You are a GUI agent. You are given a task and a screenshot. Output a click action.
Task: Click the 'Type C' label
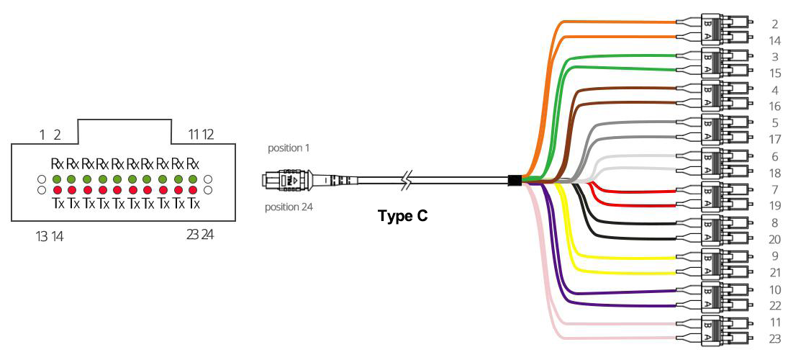coord(402,215)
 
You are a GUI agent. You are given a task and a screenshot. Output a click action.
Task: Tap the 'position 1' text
coord(288,148)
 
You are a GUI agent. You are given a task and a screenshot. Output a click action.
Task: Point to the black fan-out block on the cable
coord(514,180)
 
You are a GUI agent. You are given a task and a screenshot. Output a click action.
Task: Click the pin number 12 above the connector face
coord(208,135)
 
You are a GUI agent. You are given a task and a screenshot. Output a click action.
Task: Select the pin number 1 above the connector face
coord(42,135)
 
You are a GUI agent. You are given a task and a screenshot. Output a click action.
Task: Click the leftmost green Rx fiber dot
coord(57,178)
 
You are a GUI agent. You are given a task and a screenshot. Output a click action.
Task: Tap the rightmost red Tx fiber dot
coord(192,190)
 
